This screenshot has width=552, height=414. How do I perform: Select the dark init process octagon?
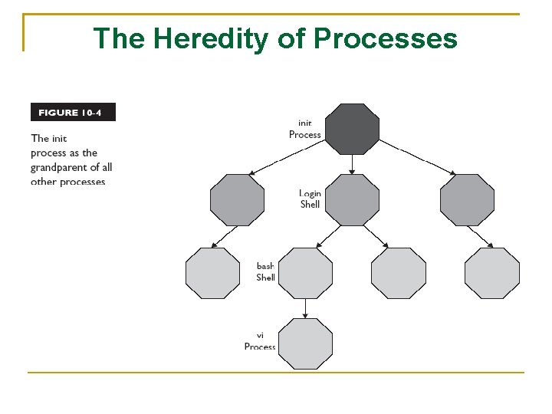click(x=352, y=130)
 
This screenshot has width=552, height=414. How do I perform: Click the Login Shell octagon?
click(x=352, y=200)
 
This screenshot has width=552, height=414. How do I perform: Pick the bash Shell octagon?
click(x=305, y=274)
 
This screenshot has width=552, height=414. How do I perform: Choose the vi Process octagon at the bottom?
click(x=305, y=344)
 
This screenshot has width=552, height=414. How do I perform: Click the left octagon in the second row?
click(x=237, y=200)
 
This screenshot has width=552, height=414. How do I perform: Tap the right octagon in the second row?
click(x=467, y=200)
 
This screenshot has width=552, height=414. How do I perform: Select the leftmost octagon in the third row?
click(x=213, y=274)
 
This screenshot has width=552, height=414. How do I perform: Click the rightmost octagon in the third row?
click(x=491, y=274)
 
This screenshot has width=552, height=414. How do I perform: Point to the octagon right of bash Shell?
click(x=398, y=274)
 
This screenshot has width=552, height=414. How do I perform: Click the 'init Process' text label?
click(x=304, y=129)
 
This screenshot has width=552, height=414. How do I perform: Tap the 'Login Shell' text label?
click(x=309, y=199)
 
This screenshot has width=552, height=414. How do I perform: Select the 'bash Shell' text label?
click(x=265, y=272)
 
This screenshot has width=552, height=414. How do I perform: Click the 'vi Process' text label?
click(x=259, y=342)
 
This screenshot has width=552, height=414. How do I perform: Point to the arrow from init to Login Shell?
click(x=352, y=164)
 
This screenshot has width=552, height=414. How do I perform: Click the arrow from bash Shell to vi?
click(x=305, y=308)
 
